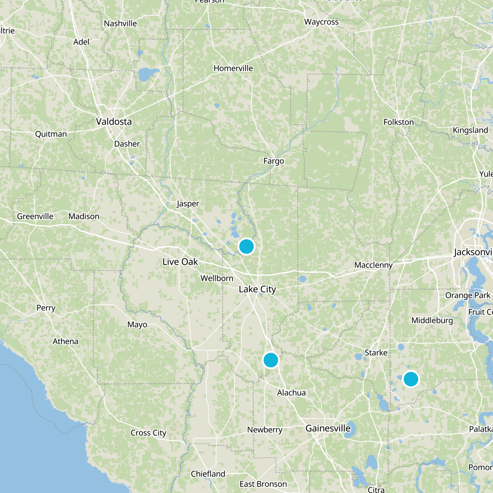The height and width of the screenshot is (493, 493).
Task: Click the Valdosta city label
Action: [114, 122]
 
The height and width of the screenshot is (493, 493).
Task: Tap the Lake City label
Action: [257, 289]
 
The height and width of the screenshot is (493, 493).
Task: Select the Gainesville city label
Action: [328, 428]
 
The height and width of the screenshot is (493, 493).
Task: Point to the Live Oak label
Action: [180, 262]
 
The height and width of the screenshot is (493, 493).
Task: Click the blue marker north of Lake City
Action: [246, 246]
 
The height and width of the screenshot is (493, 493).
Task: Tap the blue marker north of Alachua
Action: [271, 360]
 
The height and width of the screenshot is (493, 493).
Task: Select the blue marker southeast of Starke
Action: [410, 379]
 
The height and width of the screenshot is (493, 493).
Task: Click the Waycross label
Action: [321, 22]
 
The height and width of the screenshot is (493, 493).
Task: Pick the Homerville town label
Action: [233, 68]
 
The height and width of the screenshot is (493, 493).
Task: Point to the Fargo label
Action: [274, 161]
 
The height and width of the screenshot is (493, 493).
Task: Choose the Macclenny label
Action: [373, 265]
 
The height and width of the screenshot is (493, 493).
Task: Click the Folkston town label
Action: [398, 122]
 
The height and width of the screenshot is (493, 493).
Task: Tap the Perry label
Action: [46, 308]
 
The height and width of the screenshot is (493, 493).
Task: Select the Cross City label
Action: [148, 433]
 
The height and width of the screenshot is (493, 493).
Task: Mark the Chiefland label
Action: [208, 474]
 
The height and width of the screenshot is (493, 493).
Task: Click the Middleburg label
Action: [432, 320]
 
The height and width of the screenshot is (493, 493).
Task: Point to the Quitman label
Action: [51, 134]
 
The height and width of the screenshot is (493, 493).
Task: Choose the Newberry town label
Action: [265, 430]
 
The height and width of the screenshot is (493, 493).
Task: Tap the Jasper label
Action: [188, 204]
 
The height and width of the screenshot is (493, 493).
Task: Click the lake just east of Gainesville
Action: [350, 430]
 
